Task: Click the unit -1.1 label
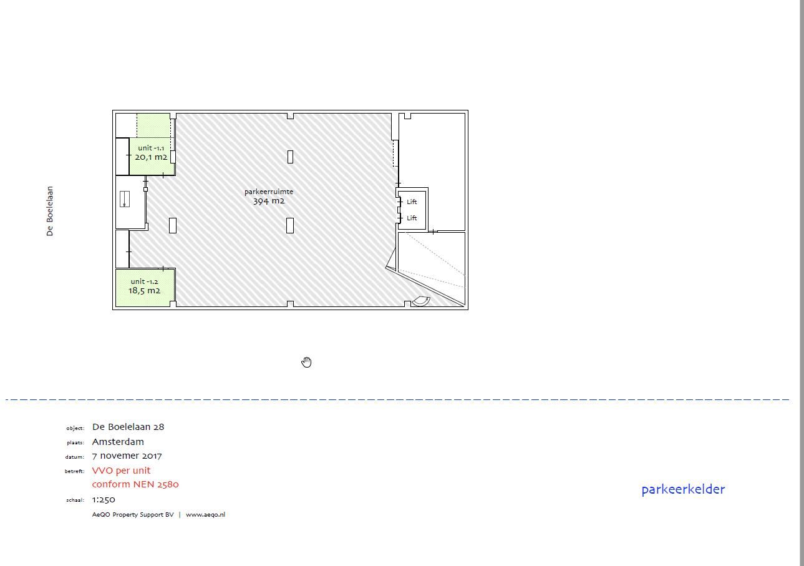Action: [x=151, y=148]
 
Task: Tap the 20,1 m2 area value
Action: [x=151, y=157]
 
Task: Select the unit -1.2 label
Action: [x=144, y=281]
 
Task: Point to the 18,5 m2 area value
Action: [x=144, y=291]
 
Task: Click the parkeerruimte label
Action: [x=269, y=192]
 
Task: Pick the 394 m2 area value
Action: [x=269, y=201]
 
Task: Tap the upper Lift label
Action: [x=412, y=202]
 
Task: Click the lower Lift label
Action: [x=412, y=218]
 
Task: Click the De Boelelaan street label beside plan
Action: [x=50, y=211]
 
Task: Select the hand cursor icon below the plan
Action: [x=306, y=363]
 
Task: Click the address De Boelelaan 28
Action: [x=128, y=427]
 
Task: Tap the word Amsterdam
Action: [x=118, y=442]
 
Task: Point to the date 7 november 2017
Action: [x=127, y=456]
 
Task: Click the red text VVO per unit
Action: [x=121, y=471]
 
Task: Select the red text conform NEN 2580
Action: [x=135, y=484]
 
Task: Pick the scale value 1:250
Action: [x=104, y=500]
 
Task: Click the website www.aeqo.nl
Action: [x=205, y=515]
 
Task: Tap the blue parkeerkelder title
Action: [x=683, y=489]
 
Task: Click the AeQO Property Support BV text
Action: [x=133, y=515]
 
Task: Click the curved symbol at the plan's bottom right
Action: [x=421, y=301]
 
